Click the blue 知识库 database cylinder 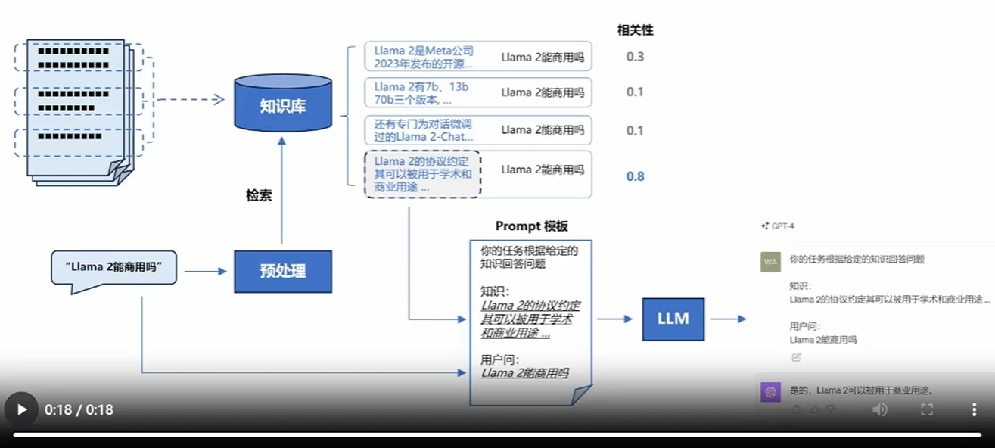tap(282, 104)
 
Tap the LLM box tap(673, 319)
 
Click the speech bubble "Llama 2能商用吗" tap(114, 268)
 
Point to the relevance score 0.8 tap(635, 176)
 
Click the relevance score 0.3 tap(635, 57)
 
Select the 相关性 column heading tap(635, 30)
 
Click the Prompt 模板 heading tap(531, 226)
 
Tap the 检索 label tap(258, 195)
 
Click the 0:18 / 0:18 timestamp tap(79, 410)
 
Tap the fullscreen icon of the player tap(927, 409)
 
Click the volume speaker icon tap(880, 409)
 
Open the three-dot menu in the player tap(974, 409)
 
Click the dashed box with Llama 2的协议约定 tap(422, 174)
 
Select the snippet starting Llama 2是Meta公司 tap(424, 57)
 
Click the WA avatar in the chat tap(770, 261)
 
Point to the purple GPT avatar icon tap(770, 392)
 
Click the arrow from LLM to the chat tap(728, 319)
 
